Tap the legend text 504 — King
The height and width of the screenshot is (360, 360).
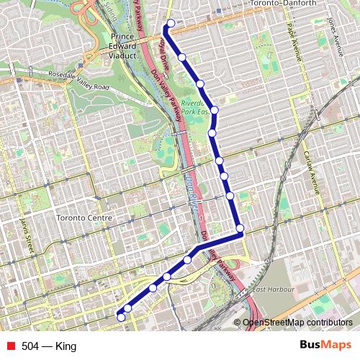(x=49, y=346)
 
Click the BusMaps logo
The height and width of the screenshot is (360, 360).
(x=325, y=346)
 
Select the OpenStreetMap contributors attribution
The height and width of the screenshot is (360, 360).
(x=298, y=323)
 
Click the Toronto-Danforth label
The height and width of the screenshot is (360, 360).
(x=282, y=4)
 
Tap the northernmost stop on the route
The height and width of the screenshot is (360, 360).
(x=171, y=24)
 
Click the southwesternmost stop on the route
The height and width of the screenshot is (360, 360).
(x=120, y=317)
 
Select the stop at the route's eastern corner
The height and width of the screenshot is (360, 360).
(x=240, y=229)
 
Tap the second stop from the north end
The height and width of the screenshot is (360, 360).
(x=182, y=56)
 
